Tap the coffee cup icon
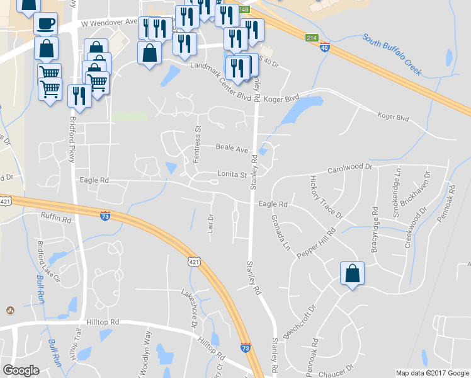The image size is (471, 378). [x=45, y=24]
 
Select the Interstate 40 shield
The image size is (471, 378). [x=323, y=48]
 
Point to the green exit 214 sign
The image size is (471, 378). [x=311, y=38]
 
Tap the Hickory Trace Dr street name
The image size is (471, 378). [x=326, y=197]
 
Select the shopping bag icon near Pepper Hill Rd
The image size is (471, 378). [x=352, y=274]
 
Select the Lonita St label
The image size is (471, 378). [x=232, y=175]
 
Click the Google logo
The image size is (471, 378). [x=21, y=370]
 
